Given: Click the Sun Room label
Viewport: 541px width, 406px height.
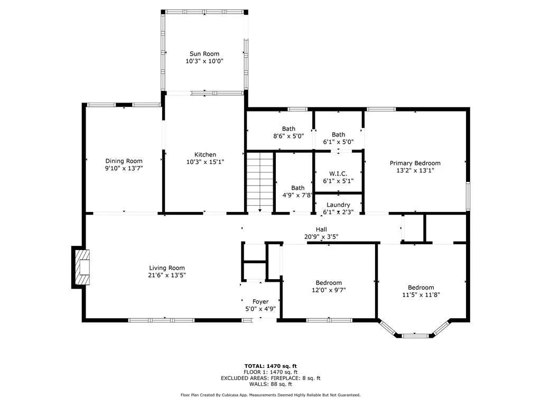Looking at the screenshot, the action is [204, 54].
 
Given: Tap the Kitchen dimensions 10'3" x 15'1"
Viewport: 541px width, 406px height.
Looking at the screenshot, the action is [206, 162].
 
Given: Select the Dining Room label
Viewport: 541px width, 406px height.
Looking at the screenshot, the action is [124, 161].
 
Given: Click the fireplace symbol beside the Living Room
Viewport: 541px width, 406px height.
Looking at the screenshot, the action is [81, 267].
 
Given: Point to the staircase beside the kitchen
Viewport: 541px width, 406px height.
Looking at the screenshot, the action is [260, 182].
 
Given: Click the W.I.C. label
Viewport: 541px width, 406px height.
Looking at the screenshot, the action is [338, 173].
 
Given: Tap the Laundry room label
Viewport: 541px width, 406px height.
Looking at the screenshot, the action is [338, 205].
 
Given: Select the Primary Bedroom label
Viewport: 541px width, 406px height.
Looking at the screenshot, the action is [415, 163].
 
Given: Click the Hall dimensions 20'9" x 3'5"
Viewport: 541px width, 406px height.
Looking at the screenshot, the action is [321, 237].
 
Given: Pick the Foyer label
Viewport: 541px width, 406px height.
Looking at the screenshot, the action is [260, 302].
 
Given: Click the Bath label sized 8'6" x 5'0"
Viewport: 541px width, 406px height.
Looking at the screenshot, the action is [288, 129].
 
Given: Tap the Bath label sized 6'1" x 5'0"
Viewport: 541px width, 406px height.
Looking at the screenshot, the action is [339, 135].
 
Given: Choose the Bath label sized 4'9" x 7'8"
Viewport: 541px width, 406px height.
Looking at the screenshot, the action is [298, 188].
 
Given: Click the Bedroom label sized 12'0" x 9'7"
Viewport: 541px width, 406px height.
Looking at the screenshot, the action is [329, 283].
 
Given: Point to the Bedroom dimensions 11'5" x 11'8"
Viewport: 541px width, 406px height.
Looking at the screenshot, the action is [421, 295].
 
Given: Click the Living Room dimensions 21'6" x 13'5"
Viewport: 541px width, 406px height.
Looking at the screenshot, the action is [167, 275].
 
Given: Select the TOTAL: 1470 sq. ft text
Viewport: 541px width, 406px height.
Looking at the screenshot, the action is [270, 366].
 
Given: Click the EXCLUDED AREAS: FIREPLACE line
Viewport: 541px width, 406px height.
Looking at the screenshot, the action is [270, 378].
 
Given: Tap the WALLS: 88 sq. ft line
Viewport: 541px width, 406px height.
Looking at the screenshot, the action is [270, 384].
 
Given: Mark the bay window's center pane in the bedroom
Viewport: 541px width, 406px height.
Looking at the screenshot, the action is [415, 335].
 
